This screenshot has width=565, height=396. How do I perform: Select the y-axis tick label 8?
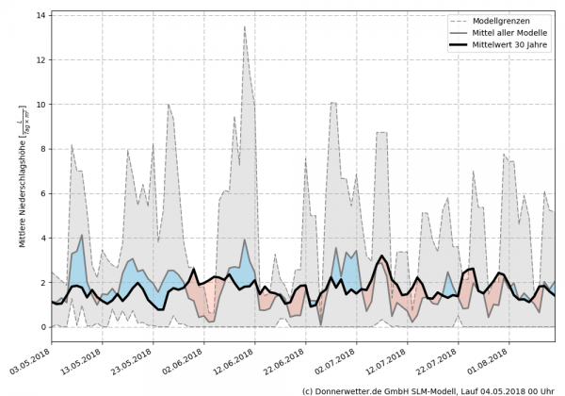(42, 148)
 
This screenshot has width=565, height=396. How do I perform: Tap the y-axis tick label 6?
(42, 193)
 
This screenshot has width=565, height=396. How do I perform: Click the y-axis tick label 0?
(42, 327)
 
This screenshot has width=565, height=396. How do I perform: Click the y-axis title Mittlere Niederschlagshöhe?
(21, 179)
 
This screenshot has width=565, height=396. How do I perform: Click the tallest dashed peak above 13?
(245, 27)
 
